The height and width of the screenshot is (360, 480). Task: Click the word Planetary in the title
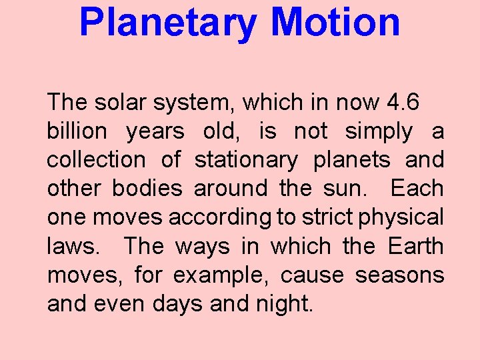tap(167, 23)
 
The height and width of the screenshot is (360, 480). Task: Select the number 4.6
tap(403, 103)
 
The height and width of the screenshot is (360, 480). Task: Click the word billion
tap(77, 131)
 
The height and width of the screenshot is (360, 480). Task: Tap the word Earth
tap(415, 246)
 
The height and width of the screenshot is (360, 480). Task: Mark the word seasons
tap(399, 275)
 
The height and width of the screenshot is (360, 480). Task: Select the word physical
tap(403, 218)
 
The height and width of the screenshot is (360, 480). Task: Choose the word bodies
tap(147, 189)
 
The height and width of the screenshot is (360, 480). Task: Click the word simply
tap(379, 132)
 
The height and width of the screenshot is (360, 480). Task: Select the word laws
tap(70, 247)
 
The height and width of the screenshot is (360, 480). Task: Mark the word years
tap(155, 132)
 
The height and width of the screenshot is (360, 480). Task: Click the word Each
tap(417, 189)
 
